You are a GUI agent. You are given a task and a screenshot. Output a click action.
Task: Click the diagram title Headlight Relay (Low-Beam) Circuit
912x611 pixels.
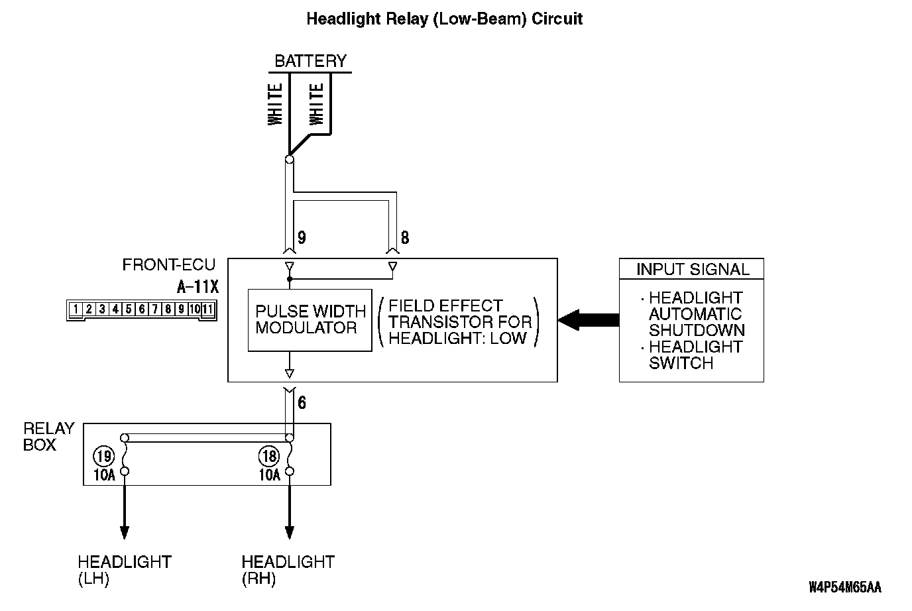444,19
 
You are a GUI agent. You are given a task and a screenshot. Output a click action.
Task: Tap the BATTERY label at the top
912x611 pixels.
310,61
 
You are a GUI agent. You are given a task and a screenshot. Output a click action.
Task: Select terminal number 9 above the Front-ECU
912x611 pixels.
302,238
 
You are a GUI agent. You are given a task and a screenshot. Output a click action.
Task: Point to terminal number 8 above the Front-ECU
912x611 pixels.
405,238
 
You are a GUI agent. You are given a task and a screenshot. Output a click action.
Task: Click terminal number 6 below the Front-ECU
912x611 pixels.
302,402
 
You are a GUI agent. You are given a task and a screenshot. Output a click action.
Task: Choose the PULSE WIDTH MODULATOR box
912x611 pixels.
310,320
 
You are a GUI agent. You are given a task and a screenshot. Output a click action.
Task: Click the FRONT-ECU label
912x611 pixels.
168,265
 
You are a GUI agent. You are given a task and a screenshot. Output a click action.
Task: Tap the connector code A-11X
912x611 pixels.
198,288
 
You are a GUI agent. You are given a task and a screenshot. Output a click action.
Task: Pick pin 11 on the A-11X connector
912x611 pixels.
207,309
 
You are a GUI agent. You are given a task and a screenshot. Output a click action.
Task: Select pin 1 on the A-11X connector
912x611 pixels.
76,309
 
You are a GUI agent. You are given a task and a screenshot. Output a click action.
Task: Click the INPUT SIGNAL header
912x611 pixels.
692,269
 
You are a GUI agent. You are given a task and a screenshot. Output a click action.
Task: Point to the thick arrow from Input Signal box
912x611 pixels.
589,320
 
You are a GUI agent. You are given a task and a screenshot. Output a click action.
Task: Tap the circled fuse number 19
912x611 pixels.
103,456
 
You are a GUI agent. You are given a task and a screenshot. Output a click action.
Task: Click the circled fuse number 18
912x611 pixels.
269,456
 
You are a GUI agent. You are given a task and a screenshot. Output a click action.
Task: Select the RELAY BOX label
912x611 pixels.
48,436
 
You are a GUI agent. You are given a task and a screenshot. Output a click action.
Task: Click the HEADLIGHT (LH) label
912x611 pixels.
124,570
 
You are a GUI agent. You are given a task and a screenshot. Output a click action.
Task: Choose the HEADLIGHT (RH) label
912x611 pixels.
288,570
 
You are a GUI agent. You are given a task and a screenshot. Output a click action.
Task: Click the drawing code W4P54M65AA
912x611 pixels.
844,588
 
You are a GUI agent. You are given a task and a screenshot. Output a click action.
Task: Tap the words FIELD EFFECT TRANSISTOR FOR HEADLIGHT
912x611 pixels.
459,321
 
